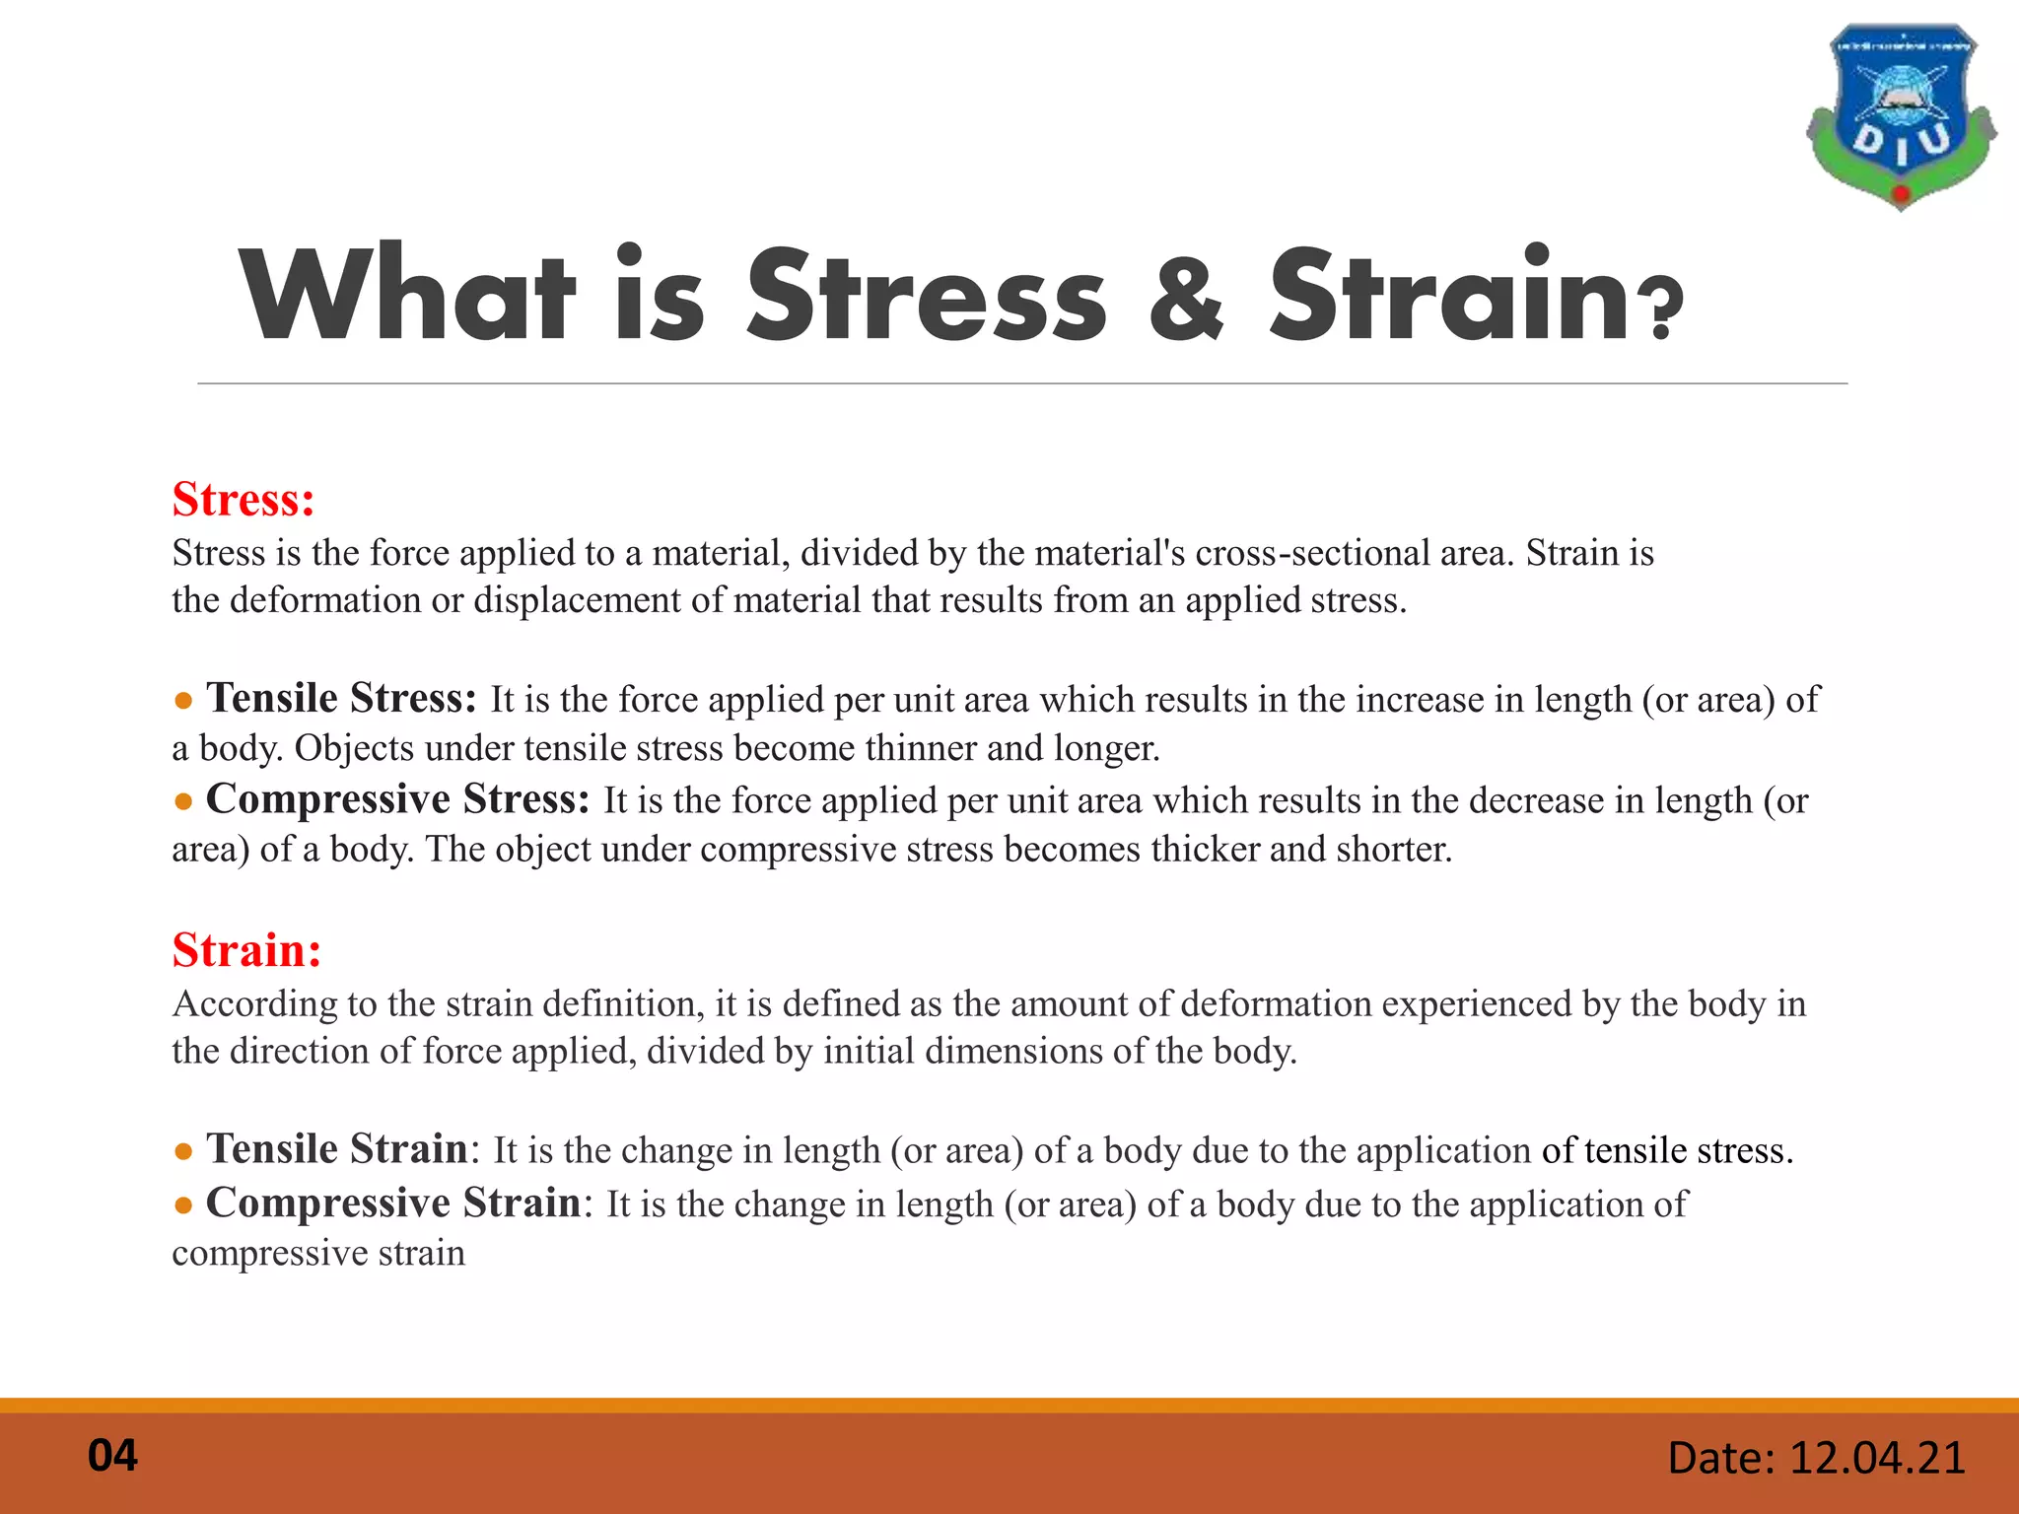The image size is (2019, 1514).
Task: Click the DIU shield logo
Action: coord(1901,116)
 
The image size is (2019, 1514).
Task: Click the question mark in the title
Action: coord(1661,308)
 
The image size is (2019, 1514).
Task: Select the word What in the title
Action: coord(406,294)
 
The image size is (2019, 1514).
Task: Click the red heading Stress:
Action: coord(244,500)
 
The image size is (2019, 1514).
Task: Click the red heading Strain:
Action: coord(246,950)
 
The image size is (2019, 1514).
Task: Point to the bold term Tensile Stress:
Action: coord(341,699)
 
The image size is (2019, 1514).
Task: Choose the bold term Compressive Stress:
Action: coord(397,799)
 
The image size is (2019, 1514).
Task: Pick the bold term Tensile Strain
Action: coord(336,1149)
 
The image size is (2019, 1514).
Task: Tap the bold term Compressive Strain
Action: coord(393,1204)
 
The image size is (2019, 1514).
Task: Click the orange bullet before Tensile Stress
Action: coord(182,702)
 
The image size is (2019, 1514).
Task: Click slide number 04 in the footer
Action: coord(112,1456)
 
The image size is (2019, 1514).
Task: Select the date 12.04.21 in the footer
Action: coord(1876,1458)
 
